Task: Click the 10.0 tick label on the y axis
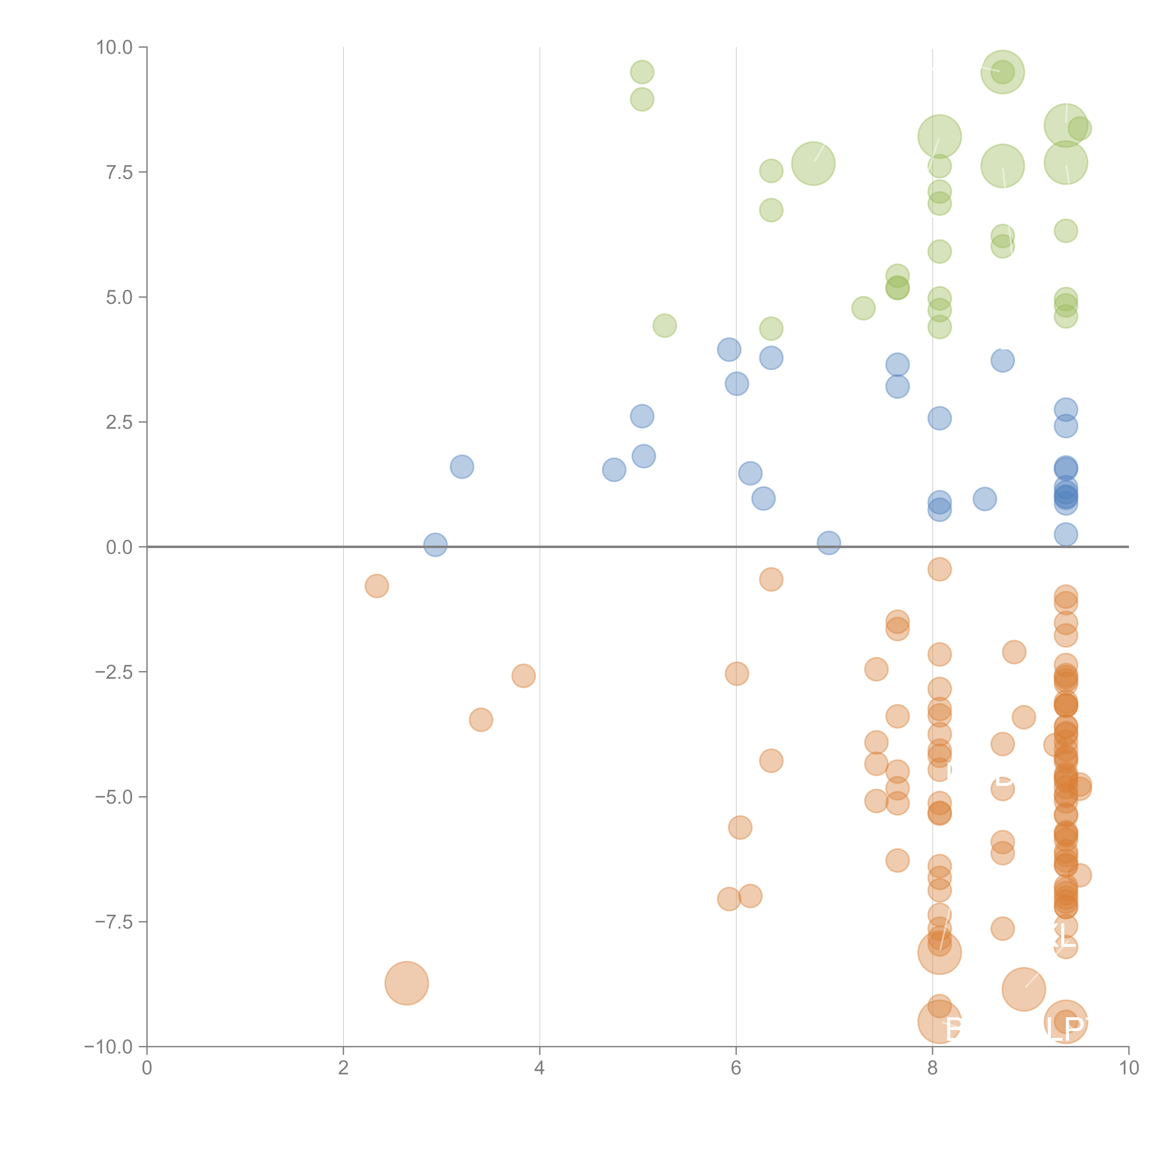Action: [x=115, y=48]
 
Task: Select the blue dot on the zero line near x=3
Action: [x=435, y=545]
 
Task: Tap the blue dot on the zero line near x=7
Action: [x=828, y=543]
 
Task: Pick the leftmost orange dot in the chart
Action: [x=377, y=586]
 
